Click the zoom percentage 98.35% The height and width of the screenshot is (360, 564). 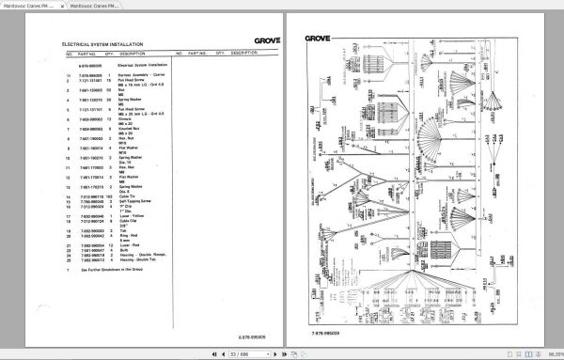[x=550, y=354]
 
